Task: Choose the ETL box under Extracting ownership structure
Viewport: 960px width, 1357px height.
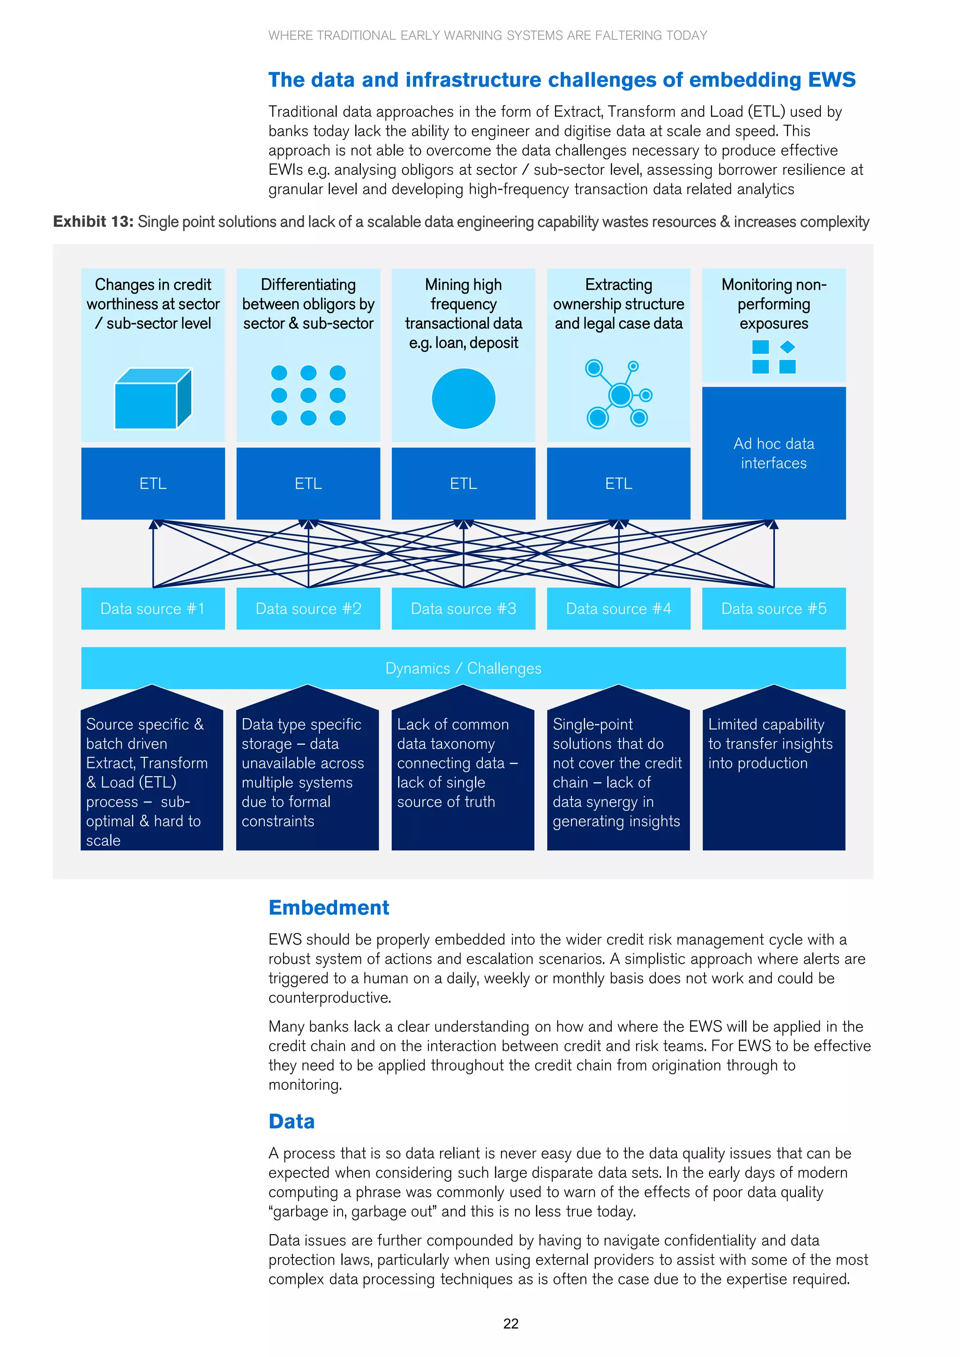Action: [618, 483]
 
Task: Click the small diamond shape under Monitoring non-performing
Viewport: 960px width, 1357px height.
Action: [787, 347]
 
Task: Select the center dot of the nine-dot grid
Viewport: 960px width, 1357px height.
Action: [308, 395]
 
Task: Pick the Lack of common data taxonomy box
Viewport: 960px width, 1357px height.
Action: [463, 768]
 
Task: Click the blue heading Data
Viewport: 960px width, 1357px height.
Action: [292, 1121]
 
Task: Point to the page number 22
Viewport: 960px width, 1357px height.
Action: [511, 1324]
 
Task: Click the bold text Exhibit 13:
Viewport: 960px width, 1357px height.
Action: [93, 222]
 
